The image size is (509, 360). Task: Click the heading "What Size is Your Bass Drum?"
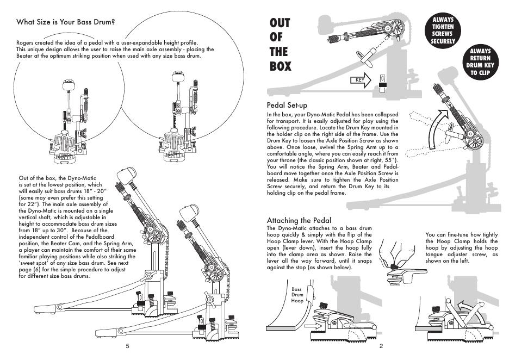66,22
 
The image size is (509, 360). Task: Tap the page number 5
127,346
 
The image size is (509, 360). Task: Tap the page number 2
382,346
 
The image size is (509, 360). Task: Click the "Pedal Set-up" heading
287,105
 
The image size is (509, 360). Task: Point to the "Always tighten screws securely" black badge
442,30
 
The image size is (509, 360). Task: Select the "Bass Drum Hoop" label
297,295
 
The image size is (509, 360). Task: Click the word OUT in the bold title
280,23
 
